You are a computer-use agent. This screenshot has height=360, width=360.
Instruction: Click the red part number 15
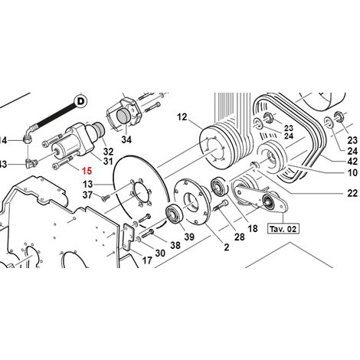point(87,171)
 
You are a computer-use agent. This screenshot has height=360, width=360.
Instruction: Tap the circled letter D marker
point(80,102)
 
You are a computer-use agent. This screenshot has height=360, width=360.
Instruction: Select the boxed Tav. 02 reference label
point(283,228)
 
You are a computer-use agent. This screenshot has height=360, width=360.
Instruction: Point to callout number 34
point(126,139)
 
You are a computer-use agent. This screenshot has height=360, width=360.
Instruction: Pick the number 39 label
point(189,237)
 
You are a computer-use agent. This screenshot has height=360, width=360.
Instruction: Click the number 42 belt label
point(352,162)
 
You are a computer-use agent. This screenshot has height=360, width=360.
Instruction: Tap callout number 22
point(352,193)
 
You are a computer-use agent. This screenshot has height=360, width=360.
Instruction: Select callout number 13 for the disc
point(87,184)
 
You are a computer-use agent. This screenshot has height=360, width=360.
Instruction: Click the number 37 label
point(87,195)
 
